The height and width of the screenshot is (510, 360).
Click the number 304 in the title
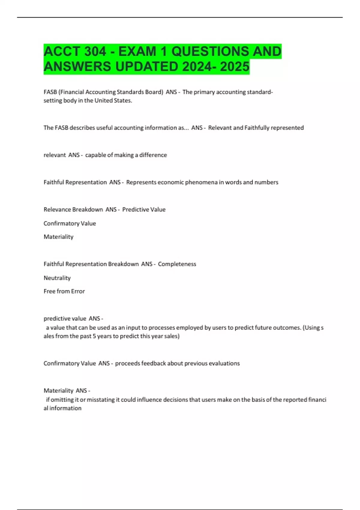[95, 52]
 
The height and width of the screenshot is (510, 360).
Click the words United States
[113, 100]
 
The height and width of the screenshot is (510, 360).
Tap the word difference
[153, 155]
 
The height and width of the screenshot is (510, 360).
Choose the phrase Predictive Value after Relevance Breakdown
[144, 210]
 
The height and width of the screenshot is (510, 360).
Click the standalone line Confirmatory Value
[70, 223]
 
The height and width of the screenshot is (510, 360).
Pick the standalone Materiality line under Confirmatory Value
[58, 237]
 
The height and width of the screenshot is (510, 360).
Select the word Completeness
[177, 264]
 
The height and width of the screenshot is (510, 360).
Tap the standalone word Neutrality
[57, 278]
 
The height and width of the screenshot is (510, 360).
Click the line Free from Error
[64, 291]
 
